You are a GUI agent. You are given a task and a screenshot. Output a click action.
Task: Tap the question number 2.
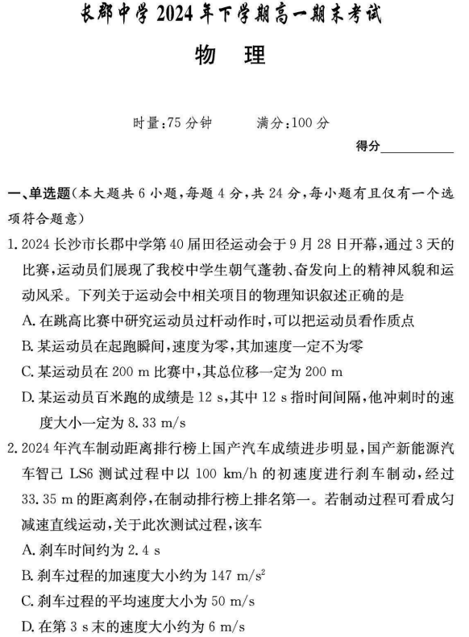pos(16,468)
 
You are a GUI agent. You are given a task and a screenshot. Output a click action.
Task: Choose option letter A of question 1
pos(29,320)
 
